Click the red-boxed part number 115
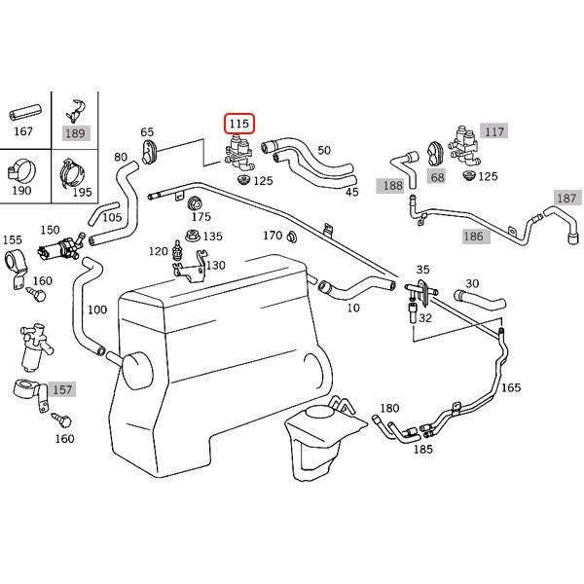239,125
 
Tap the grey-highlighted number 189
75,132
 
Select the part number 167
22,132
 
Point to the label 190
22,192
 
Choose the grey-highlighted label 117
494,130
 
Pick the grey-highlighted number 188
393,185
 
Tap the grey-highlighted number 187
566,198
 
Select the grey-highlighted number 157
61,389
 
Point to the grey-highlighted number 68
437,176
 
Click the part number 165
511,387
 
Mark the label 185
422,450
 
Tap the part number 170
273,236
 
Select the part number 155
13,238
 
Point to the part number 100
97,310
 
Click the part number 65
147,131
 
